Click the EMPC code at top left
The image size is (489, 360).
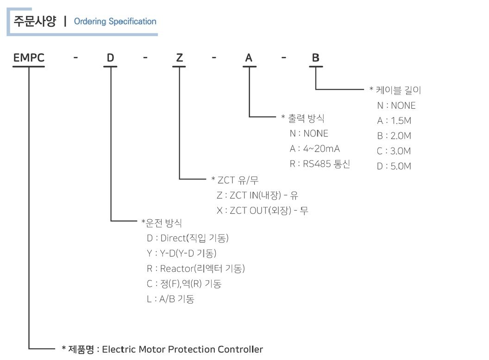pos(29,58)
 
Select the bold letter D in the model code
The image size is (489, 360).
pos(110,58)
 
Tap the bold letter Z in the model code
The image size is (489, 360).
pos(179,58)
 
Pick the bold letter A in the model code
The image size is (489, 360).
pos(249,58)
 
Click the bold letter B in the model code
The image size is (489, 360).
pos(315,58)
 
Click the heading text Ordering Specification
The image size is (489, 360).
pos(115,21)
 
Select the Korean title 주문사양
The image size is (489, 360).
pos(35,21)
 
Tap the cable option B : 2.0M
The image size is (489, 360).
pos(394,136)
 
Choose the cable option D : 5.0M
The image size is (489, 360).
pos(394,166)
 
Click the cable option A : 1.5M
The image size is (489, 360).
pos(394,121)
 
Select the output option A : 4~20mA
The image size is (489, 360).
pos(314,149)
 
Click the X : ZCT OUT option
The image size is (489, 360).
pos(262,211)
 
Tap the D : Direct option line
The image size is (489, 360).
pos(188,238)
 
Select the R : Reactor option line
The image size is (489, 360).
pos(195,269)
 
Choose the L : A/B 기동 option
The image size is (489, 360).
pos(170,299)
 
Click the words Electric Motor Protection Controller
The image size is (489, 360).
pos(182,349)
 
